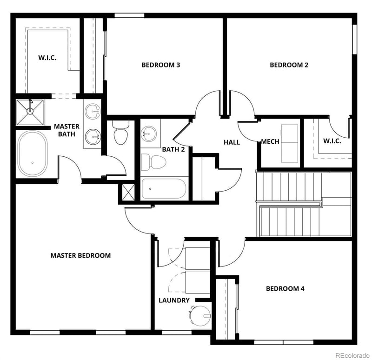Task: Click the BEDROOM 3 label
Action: [161, 65]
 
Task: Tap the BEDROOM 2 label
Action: [289, 65]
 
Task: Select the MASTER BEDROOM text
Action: [80, 255]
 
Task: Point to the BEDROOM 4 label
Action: [285, 288]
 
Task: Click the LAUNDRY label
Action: [174, 300]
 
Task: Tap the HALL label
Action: [232, 142]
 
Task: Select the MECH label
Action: [270, 141]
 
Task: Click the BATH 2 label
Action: [173, 149]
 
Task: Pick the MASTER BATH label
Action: [66, 130]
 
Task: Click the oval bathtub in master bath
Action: [33, 154]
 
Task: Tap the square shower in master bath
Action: [30, 112]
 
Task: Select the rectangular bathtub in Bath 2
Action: [164, 189]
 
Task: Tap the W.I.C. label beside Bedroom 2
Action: [332, 141]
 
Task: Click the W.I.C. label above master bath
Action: [47, 59]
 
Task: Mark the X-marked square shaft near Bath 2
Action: [127, 191]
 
